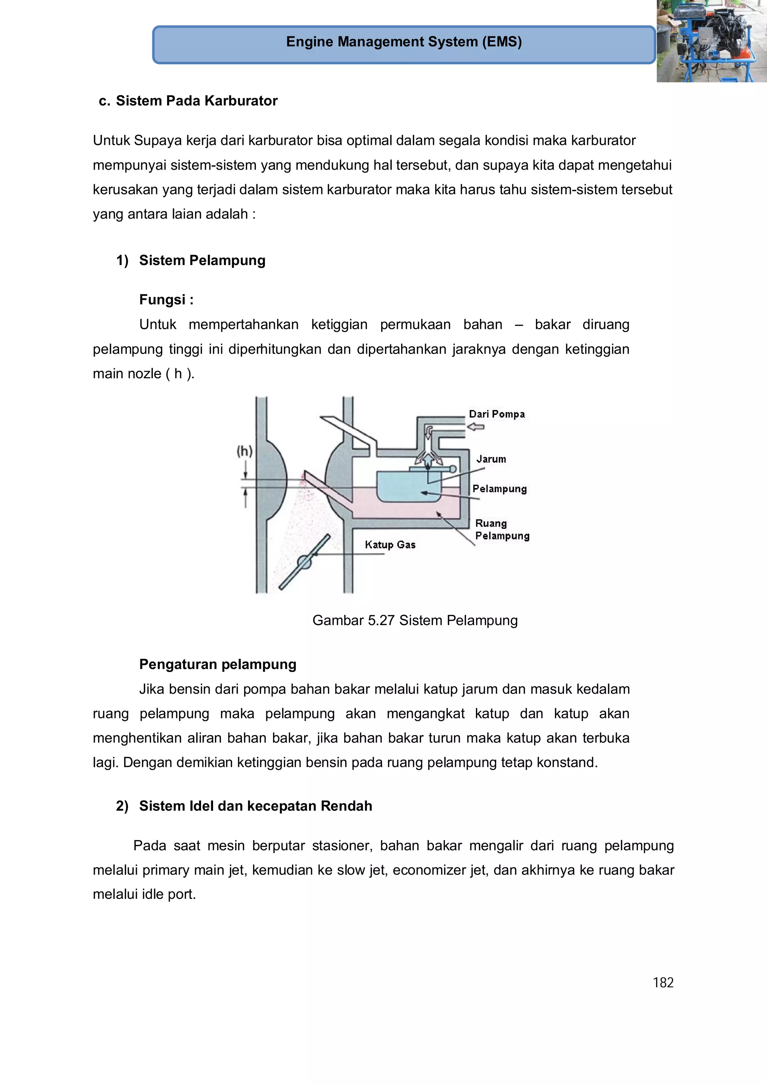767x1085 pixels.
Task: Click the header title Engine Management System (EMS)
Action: pyautogui.click(x=404, y=42)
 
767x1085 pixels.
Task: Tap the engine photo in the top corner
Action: pyautogui.click(x=711, y=42)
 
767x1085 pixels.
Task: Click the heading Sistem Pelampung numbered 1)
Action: pyautogui.click(x=202, y=260)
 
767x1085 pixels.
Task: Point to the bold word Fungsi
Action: pyautogui.click(x=162, y=300)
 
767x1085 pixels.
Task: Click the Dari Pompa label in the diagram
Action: pyautogui.click(x=497, y=414)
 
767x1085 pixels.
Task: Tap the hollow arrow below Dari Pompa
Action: pyautogui.click(x=476, y=427)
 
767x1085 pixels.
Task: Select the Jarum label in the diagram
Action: pyautogui.click(x=491, y=459)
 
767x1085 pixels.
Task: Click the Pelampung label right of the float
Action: pyautogui.click(x=500, y=489)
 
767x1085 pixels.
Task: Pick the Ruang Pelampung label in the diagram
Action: pyautogui.click(x=501, y=530)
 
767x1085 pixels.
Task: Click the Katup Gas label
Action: pyautogui.click(x=390, y=545)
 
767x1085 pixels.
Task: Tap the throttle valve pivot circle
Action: pyautogui.click(x=304, y=562)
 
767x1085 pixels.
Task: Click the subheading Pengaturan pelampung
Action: pyautogui.click(x=217, y=664)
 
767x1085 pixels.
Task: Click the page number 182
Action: pyautogui.click(x=663, y=982)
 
